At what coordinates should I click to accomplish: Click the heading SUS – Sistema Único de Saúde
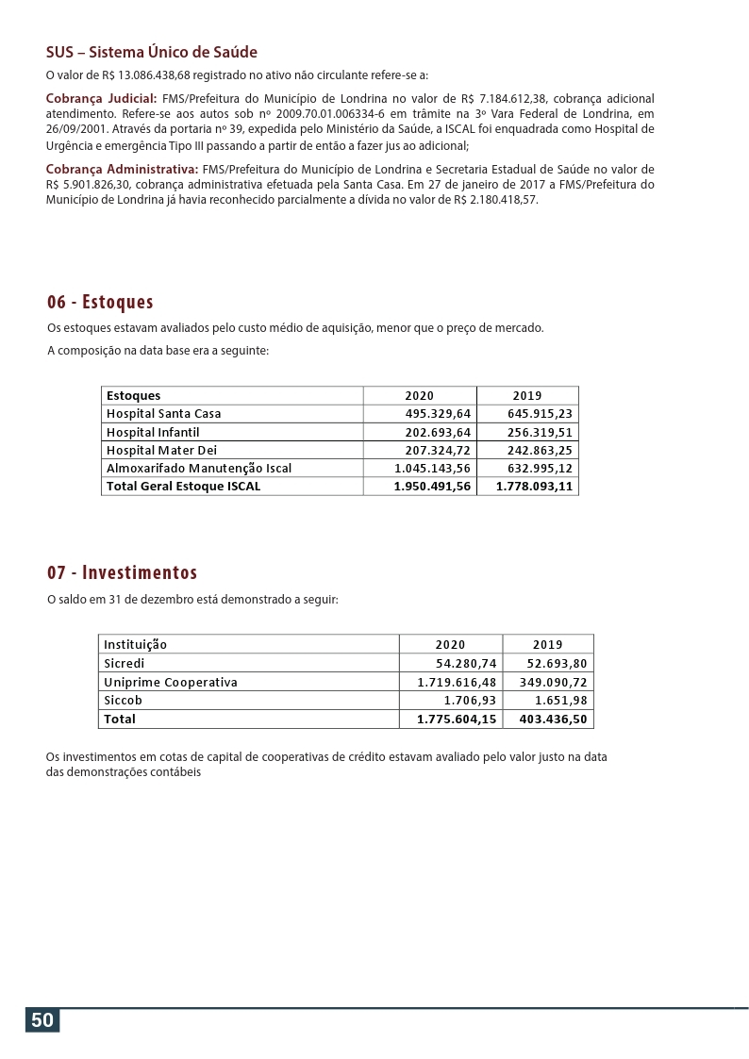point(151,53)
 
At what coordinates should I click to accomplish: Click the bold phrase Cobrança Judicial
point(101,98)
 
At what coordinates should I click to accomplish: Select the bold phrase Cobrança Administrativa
point(122,169)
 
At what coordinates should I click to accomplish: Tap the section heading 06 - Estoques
point(100,302)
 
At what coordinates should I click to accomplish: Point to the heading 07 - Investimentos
point(122,572)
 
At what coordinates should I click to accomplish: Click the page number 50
point(42,1020)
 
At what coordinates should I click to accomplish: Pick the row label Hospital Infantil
point(153,432)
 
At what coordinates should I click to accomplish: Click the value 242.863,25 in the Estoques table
point(540,450)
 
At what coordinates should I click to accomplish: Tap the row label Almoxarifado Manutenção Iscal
point(199,468)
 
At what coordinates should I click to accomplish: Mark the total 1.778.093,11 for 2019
point(534,487)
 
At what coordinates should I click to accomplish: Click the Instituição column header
point(135,645)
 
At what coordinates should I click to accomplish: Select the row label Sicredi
point(125,663)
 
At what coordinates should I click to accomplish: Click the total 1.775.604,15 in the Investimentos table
point(457,720)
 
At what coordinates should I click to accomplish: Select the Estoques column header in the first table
point(133,396)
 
